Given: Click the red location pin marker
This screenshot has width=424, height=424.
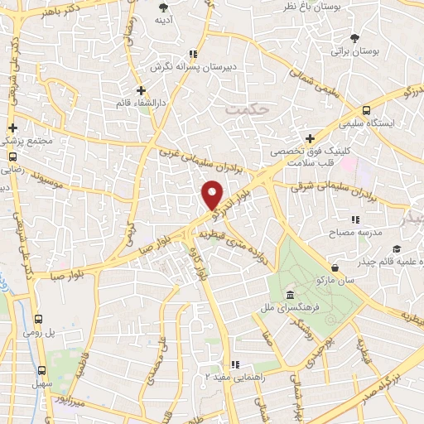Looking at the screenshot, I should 212,194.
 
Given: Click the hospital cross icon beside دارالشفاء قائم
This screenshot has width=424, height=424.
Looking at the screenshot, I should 142,89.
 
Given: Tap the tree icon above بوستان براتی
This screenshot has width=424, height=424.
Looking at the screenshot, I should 354,37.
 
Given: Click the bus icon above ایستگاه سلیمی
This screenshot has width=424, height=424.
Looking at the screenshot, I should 366,110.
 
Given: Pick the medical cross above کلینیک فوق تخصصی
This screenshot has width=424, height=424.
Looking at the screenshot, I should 309,138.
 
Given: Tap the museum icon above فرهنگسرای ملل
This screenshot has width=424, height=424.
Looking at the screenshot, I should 289,296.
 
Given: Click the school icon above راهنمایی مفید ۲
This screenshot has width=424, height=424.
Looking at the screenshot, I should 236,364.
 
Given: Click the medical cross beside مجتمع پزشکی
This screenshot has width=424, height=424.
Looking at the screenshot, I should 12,128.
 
